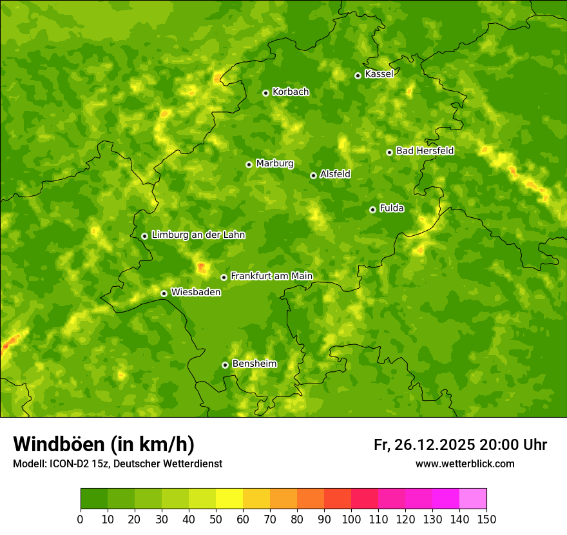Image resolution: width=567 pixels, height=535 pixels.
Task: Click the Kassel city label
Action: [379, 74]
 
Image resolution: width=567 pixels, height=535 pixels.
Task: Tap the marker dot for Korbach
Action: [265, 93]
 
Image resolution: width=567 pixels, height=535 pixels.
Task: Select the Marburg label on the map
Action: [274, 164]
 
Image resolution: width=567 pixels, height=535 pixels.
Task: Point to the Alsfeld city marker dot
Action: [313, 175]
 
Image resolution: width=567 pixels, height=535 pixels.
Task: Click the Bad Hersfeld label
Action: [425, 151]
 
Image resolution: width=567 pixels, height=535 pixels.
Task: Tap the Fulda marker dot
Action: [372, 209]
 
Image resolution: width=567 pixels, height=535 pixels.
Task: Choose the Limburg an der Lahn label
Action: [198, 235]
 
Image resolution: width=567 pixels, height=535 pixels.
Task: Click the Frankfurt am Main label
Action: [271, 276]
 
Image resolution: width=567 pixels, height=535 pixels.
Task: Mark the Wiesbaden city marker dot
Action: [164, 293]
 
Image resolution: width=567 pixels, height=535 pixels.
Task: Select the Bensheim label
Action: [254, 364]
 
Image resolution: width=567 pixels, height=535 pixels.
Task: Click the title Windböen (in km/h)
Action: [103, 444]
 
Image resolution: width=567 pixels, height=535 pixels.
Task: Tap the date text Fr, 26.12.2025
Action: [424, 445]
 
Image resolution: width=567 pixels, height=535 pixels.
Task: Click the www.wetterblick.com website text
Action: [465, 463]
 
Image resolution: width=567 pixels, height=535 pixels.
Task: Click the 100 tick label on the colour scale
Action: [351, 518]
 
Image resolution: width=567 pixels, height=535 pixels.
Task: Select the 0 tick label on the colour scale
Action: [81, 518]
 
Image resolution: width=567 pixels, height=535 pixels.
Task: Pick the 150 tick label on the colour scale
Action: [486, 518]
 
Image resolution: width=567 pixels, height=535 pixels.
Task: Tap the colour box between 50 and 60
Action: [229, 499]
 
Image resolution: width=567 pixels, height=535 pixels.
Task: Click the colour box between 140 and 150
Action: [473, 499]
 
